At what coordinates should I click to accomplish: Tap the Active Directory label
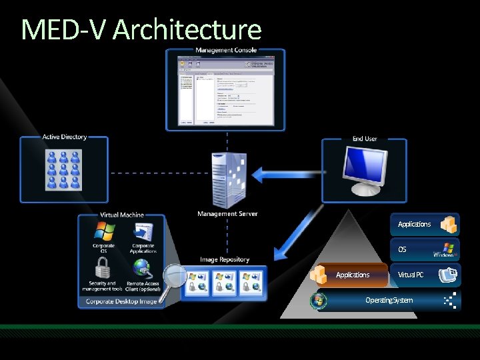point(65,137)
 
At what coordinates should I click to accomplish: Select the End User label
point(365,139)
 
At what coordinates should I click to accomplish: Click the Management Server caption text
point(227,214)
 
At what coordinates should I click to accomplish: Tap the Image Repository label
point(225,259)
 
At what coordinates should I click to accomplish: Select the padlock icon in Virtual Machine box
point(102,268)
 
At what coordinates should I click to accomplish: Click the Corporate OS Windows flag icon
point(104,231)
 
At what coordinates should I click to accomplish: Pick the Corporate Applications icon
point(143,231)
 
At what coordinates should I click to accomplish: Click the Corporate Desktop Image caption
point(120,301)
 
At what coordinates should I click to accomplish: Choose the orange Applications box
point(353,275)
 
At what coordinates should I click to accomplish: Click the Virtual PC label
point(411,275)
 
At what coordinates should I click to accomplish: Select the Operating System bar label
point(389,300)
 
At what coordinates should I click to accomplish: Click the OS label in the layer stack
point(402,249)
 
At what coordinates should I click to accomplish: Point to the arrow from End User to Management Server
point(280,175)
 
